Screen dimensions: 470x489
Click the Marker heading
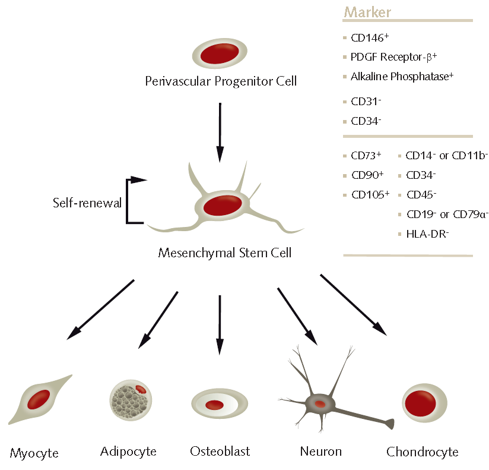367,12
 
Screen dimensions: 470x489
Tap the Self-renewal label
87,203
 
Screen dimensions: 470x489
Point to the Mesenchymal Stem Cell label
225,253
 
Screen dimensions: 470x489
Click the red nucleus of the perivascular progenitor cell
220,55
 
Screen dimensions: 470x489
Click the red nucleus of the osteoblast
214,405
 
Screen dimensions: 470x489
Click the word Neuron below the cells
320,452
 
